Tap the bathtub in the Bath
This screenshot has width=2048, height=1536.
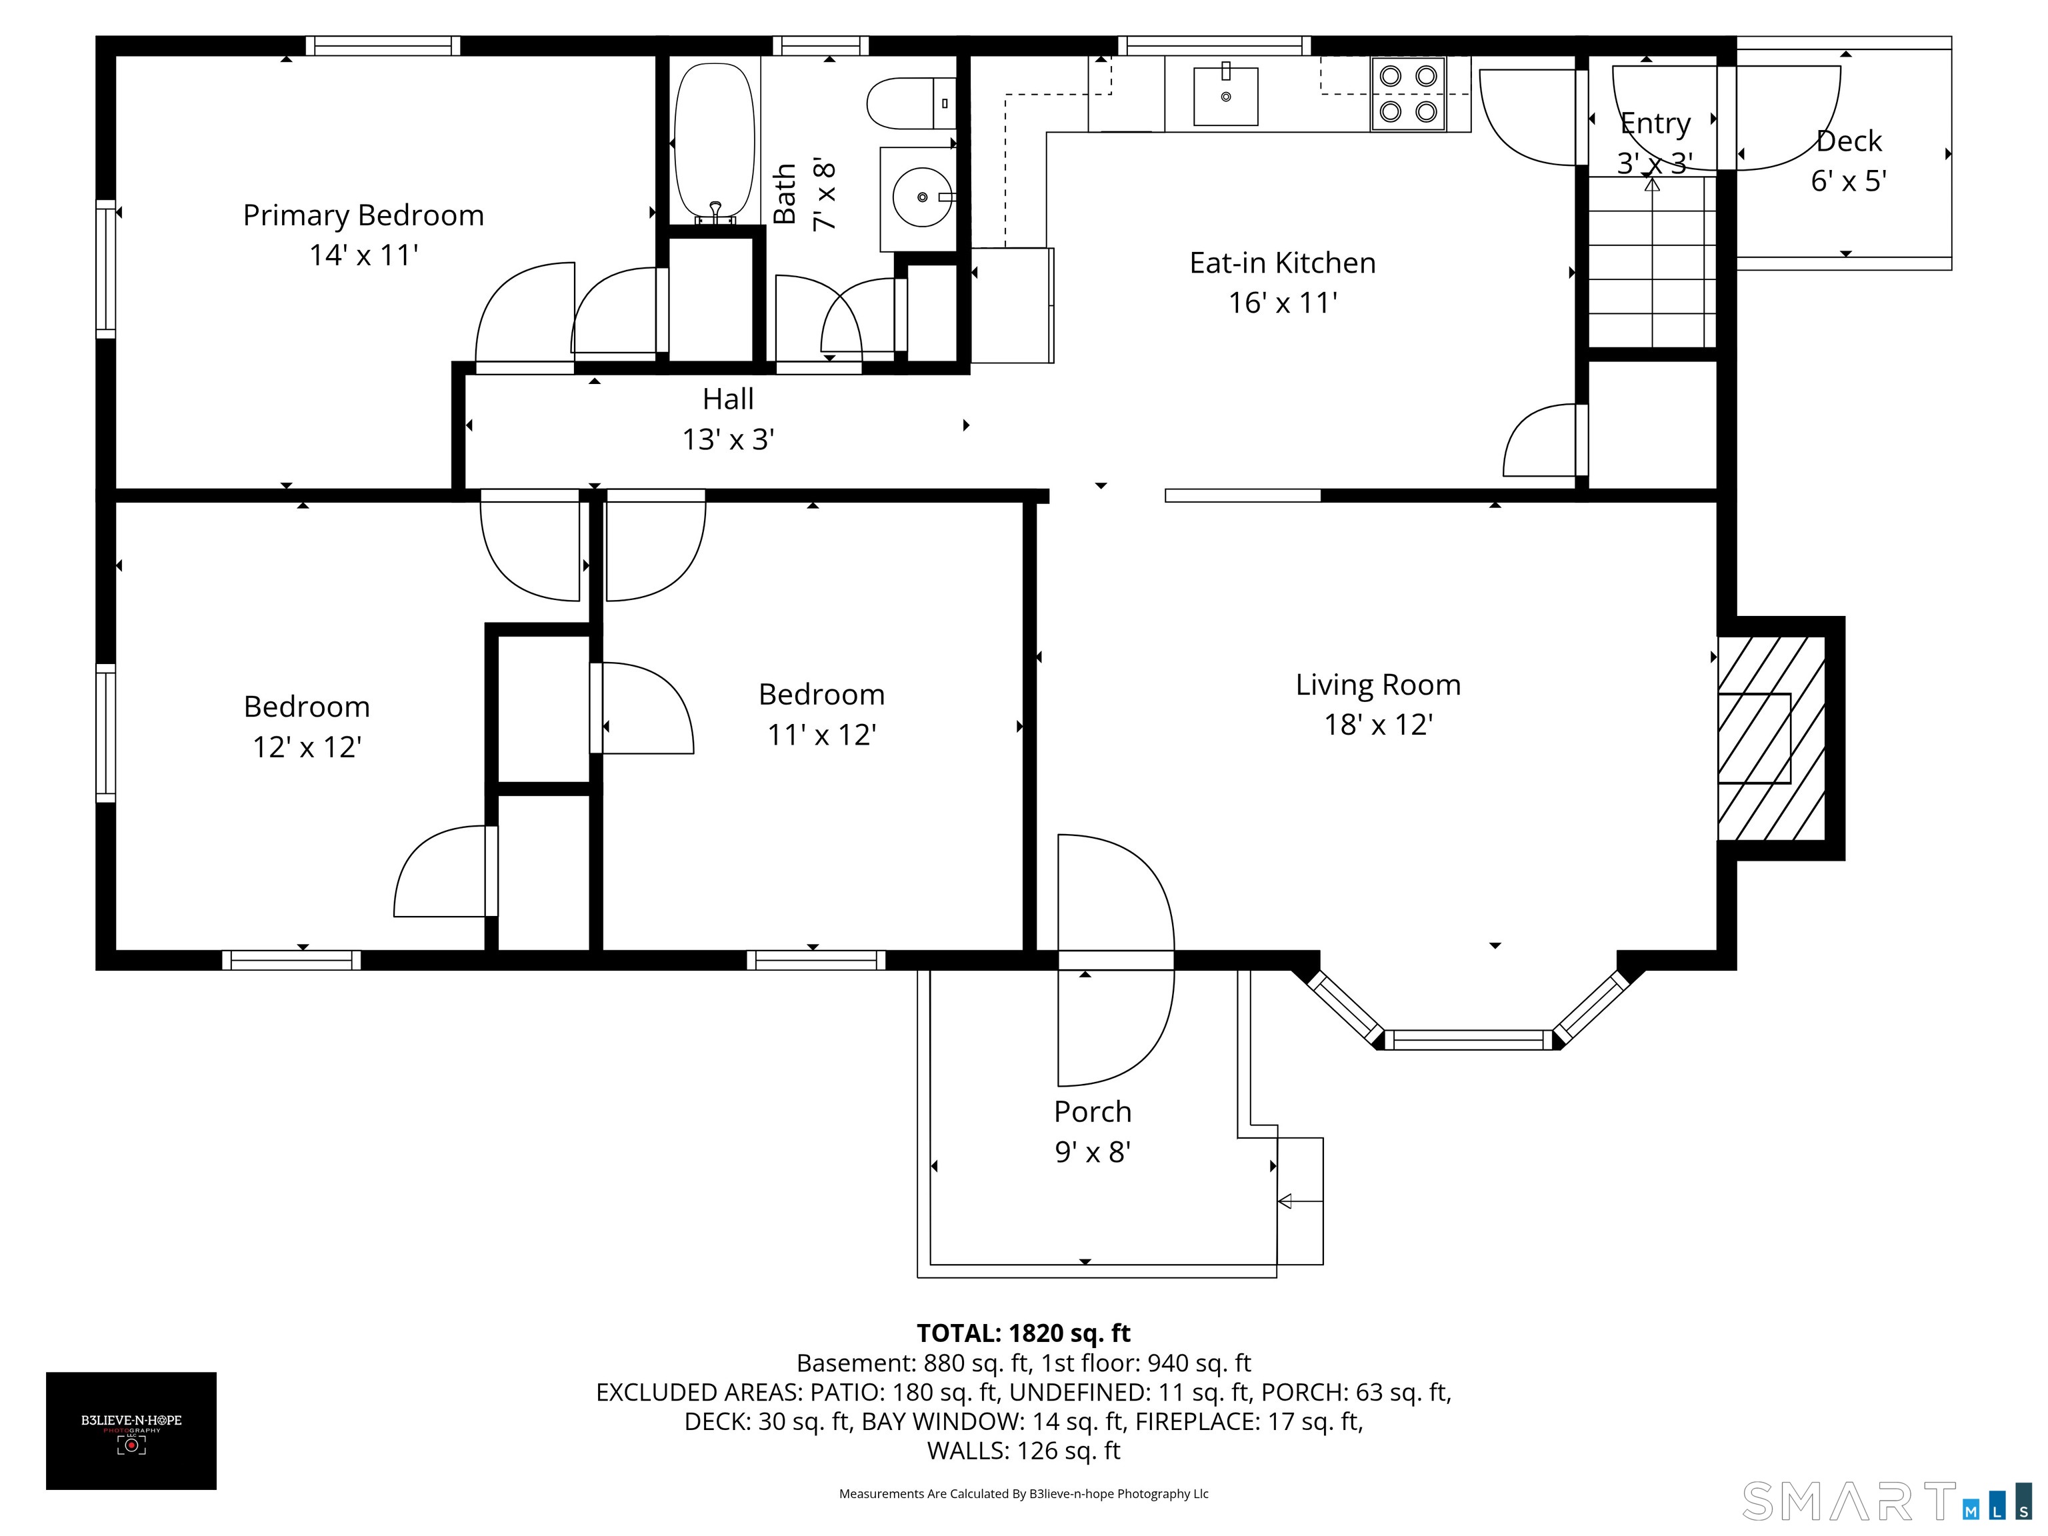pos(714,143)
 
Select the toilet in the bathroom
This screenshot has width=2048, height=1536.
pos(911,103)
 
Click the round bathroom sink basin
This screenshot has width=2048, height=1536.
pos(922,197)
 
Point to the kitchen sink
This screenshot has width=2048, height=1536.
pos(1226,95)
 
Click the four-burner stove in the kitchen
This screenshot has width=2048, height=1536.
pos(1408,93)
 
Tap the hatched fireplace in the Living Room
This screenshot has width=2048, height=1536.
pos(1771,738)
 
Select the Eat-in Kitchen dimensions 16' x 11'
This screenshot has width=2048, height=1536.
pos(1283,303)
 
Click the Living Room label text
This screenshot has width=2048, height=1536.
pos(1378,685)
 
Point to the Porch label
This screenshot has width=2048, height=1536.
pos(1093,1112)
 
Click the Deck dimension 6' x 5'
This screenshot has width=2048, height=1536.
pos(1849,181)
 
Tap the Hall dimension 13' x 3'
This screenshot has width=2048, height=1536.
pos(729,439)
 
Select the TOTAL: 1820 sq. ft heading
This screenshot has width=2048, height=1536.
pos(1023,1333)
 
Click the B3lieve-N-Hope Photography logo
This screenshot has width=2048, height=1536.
pos(131,1431)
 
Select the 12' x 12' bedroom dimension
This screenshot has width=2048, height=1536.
pos(307,747)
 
